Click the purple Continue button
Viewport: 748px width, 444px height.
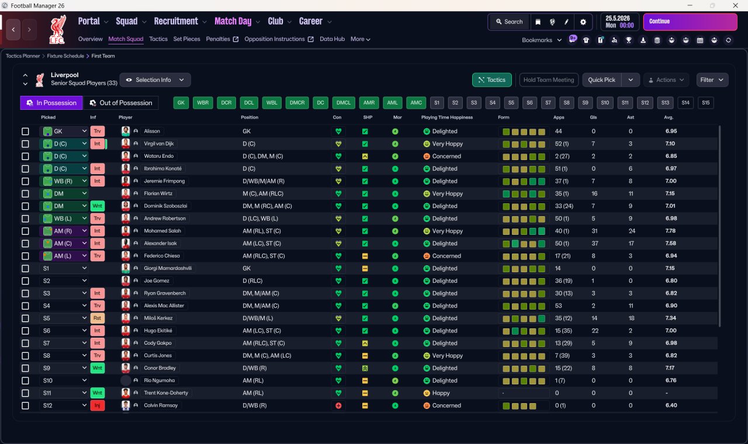[x=690, y=22]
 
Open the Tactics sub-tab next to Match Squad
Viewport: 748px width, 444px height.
[x=158, y=39]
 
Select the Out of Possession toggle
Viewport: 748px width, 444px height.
[x=120, y=103]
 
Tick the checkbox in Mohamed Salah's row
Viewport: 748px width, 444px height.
[x=25, y=231]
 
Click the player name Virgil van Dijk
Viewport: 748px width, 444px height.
[x=158, y=144]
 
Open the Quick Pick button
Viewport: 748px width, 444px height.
[x=601, y=80]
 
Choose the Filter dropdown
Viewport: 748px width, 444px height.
[x=712, y=80]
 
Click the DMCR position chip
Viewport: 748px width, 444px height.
[x=297, y=103]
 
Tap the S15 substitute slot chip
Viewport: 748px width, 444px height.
[x=705, y=103]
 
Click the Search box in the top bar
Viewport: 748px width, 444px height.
[x=509, y=22]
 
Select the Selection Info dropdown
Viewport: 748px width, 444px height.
[x=155, y=80]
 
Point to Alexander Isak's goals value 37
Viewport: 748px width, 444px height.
[x=595, y=244]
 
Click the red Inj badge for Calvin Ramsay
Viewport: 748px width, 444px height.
[x=97, y=405]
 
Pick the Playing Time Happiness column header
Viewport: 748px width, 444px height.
[x=447, y=117]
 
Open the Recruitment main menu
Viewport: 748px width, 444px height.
[x=176, y=22]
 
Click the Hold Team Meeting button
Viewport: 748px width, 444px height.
[x=549, y=80]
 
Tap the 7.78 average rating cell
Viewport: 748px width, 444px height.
[x=670, y=231]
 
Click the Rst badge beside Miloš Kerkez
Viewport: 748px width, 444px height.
[x=97, y=318]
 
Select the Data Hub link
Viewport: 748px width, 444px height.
[x=332, y=39]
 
